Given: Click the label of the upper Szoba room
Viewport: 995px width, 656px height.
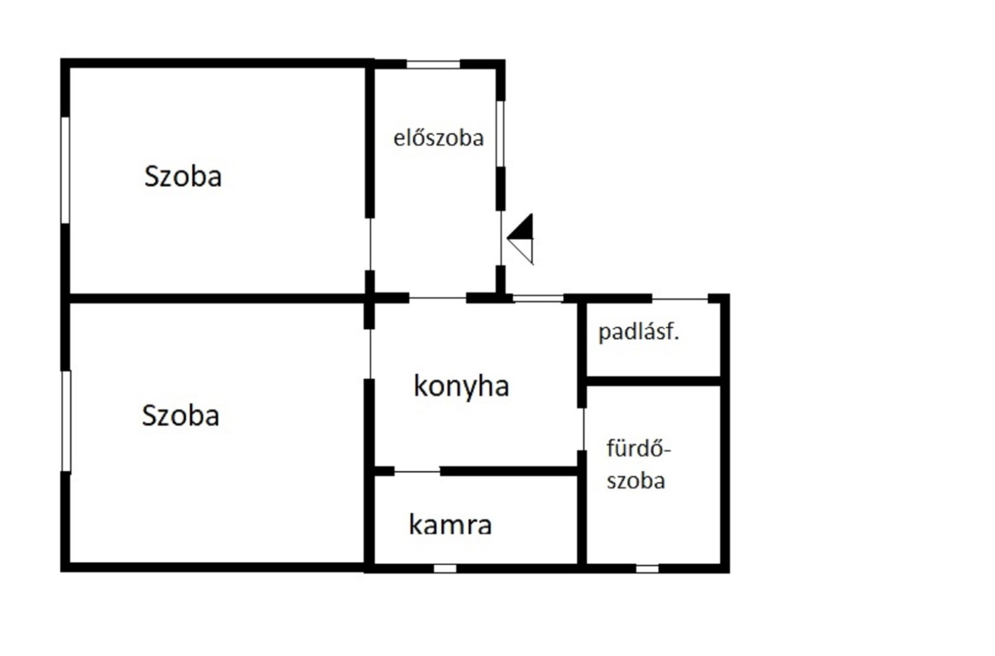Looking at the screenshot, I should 183,176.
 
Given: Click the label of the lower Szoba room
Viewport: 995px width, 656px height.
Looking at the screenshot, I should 180,415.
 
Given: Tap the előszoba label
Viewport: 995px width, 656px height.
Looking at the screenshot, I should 438,138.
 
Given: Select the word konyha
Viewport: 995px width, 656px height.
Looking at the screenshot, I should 461,386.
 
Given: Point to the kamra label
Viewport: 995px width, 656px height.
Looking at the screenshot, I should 450,525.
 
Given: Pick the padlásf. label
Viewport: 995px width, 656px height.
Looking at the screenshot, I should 638,332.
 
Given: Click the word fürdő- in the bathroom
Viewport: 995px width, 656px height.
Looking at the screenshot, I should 638,449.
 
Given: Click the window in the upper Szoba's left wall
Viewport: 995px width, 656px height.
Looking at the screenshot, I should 65,170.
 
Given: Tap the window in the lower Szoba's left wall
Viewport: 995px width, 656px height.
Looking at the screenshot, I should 66,421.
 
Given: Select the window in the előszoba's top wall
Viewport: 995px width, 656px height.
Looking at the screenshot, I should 433,65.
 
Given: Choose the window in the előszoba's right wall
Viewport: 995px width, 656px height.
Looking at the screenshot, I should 500,133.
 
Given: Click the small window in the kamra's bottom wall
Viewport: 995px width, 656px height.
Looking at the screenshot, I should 444,568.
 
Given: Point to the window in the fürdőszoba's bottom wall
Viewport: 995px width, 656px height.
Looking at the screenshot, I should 647,568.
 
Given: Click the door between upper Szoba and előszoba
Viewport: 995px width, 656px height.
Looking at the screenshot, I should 370,244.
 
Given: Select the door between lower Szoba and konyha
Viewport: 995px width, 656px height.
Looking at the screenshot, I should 370,354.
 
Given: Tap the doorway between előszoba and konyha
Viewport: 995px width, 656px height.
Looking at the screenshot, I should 437,298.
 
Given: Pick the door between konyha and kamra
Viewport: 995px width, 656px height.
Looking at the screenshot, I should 417,471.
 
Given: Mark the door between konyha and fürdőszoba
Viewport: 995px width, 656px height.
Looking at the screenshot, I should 583,429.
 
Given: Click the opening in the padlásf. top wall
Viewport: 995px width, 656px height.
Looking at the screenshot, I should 680,298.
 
